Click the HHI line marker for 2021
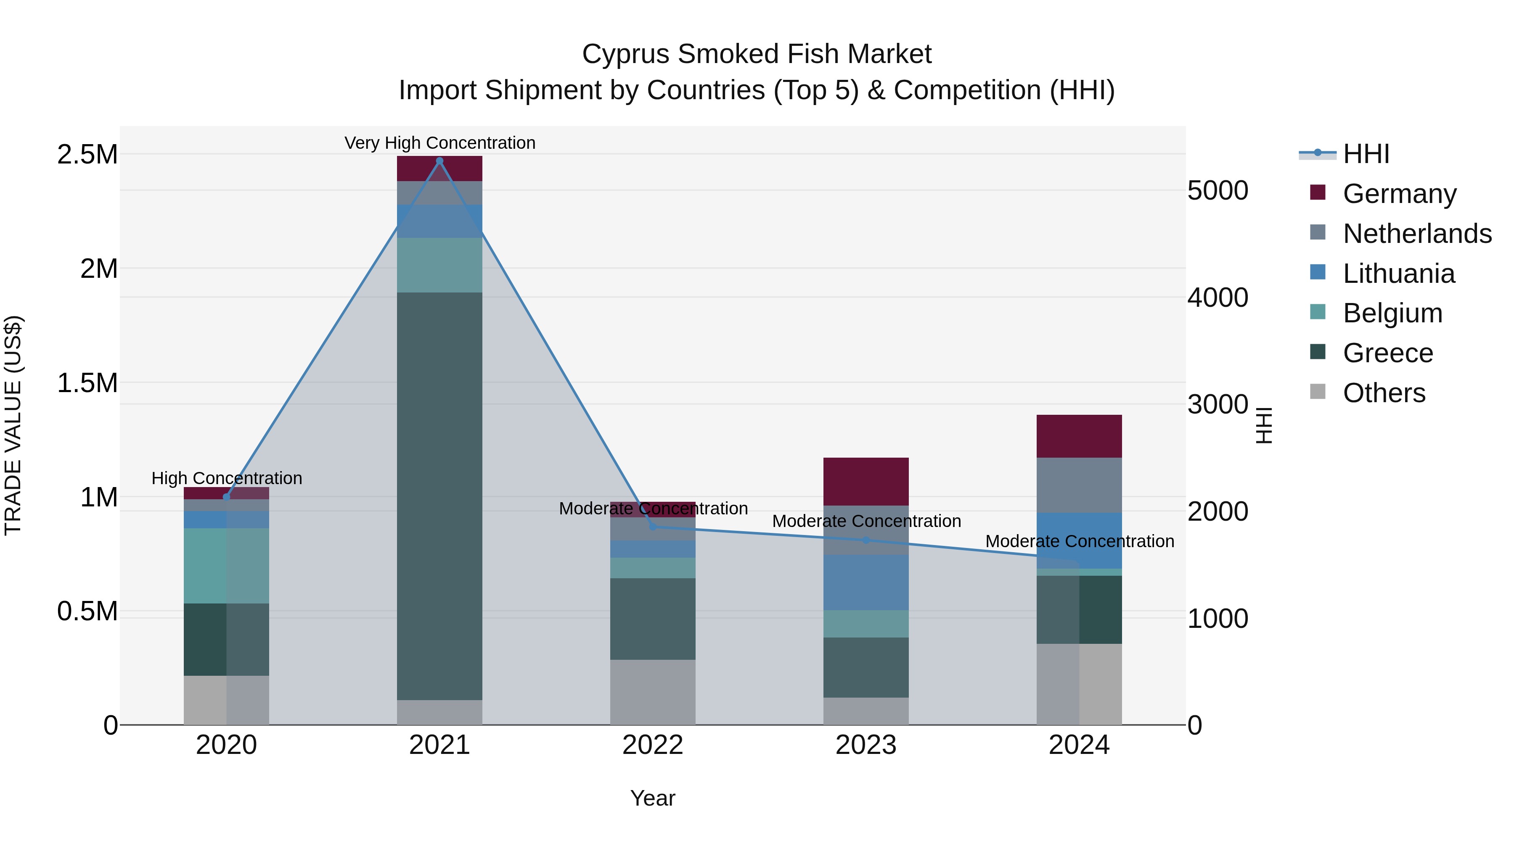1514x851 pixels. (x=439, y=161)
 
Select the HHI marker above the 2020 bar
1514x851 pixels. (x=226, y=497)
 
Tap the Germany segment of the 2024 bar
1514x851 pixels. (x=1079, y=436)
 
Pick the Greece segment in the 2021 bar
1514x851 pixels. (x=439, y=496)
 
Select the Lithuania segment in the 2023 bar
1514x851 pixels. (x=866, y=582)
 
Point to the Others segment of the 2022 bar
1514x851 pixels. (x=652, y=692)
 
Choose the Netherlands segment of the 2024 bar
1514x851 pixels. (x=1079, y=485)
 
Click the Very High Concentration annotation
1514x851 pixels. (x=439, y=143)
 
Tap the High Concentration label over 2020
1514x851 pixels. (x=227, y=478)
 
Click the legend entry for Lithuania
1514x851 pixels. (x=1398, y=274)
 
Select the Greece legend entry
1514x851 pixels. (x=1388, y=353)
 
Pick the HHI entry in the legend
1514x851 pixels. (x=1366, y=154)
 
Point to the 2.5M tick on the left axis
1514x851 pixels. (x=87, y=155)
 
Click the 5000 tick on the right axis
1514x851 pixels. (x=1217, y=190)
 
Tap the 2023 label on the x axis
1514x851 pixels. (x=866, y=745)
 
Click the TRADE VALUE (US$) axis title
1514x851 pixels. (x=13, y=425)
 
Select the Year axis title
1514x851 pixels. (x=652, y=798)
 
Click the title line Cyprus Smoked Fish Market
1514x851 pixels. (x=757, y=54)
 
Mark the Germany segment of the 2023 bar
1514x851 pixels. (x=866, y=481)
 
